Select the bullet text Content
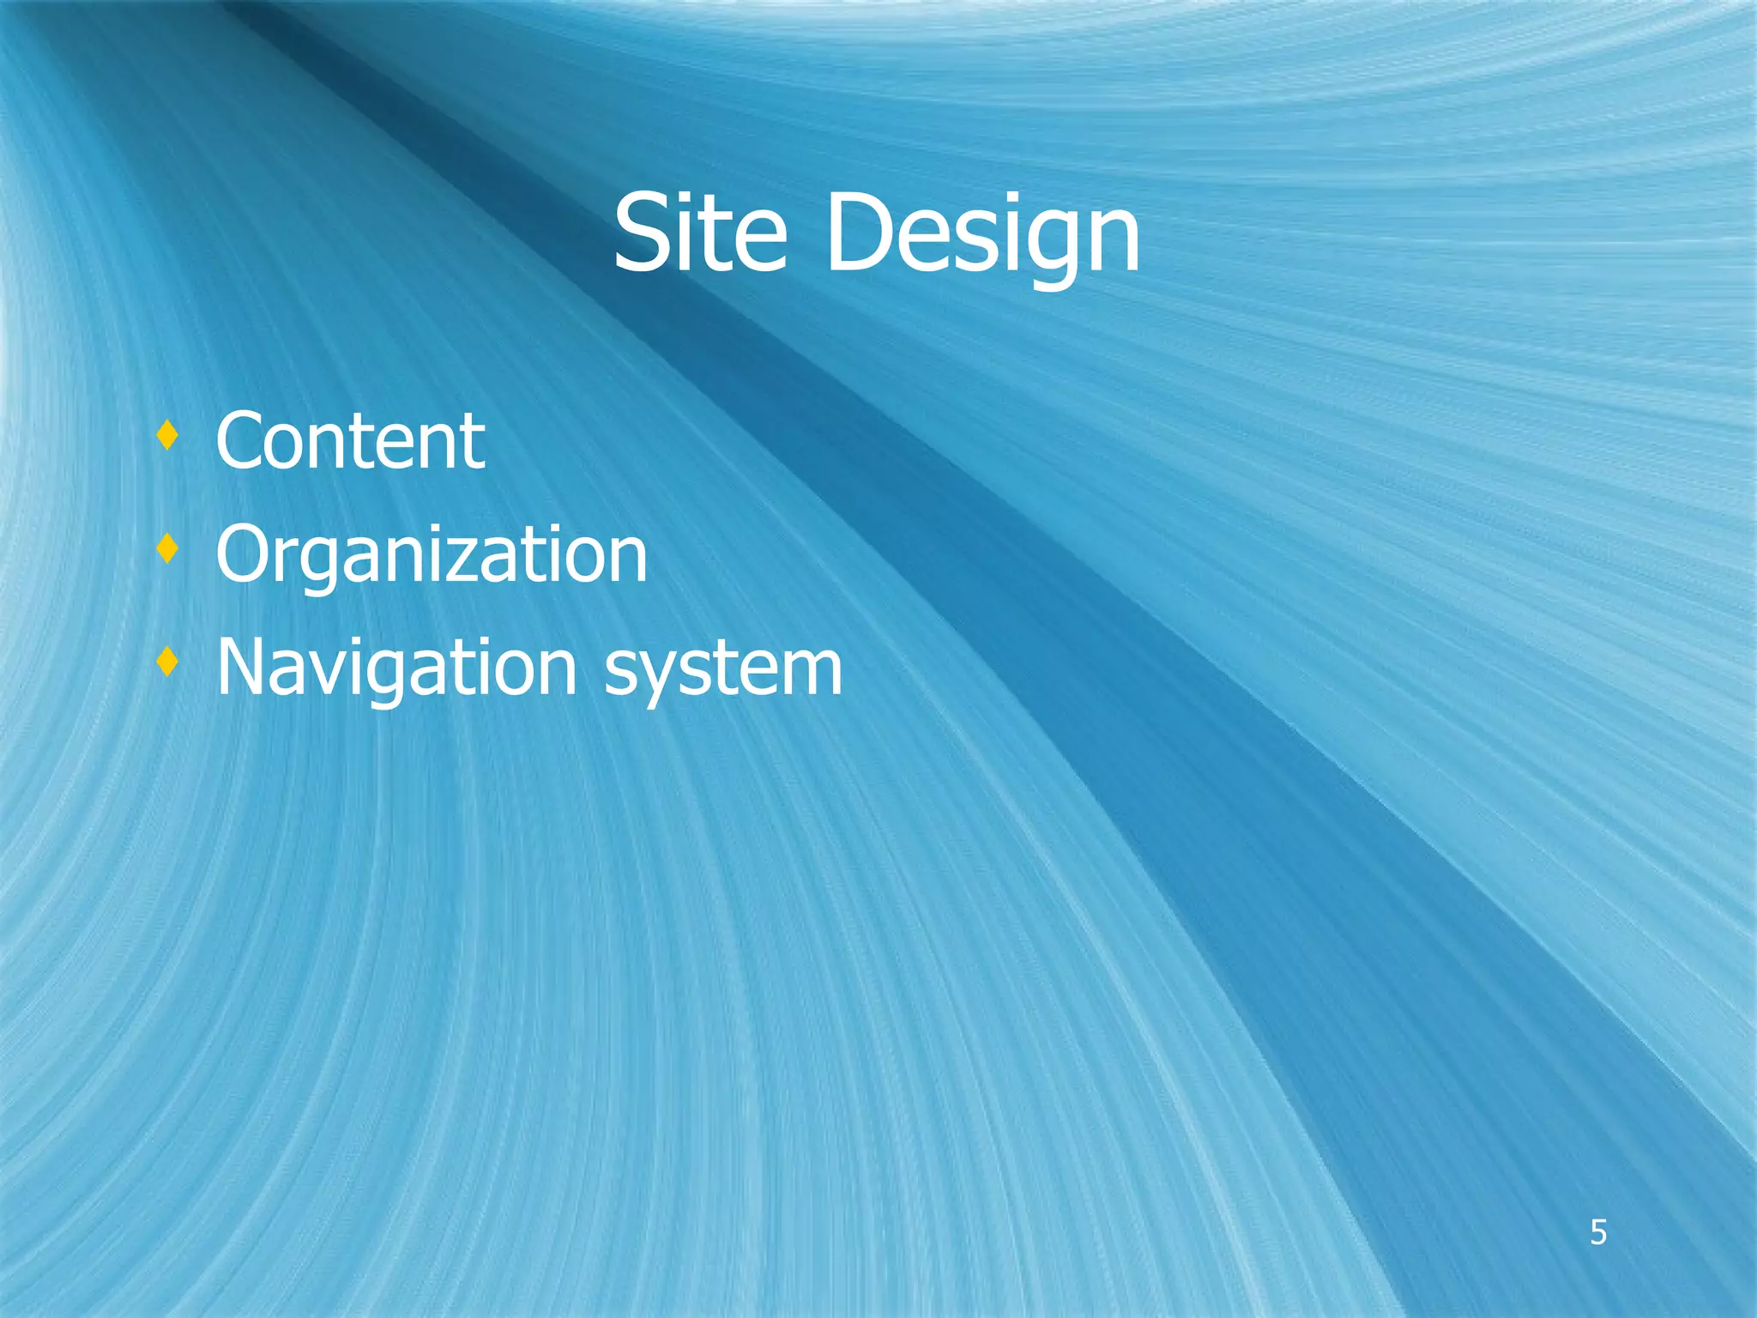(350, 441)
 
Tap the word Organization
(432, 555)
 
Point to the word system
(723, 668)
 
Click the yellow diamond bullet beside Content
(168, 436)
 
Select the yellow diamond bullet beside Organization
(168, 548)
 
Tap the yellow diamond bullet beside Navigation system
(168, 662)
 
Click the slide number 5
(1598, 1233)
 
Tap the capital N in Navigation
(245, 668)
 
